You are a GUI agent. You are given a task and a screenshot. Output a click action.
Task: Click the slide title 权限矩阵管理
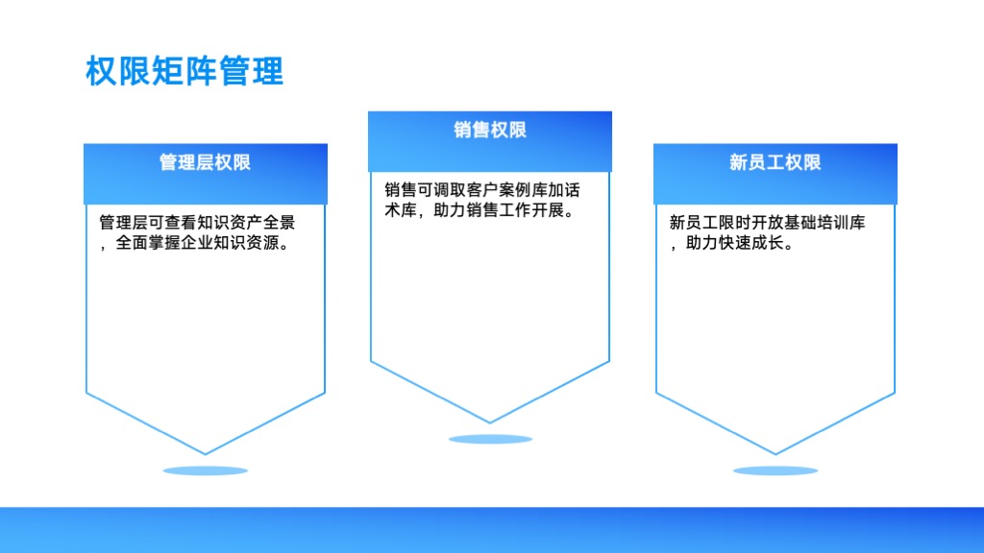pyautogui.click(x=184, y=71)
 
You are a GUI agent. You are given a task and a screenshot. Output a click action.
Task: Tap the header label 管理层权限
pyautogui.click(x=206, y=162)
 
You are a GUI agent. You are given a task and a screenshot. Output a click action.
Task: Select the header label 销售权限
pyautogui.click(x=490, y=130)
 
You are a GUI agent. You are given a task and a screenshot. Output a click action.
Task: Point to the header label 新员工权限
pyautogui.click(x=775, y=162)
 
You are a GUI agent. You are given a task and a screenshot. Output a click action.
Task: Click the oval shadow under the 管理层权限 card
pyautogui.click(x=206, y=470)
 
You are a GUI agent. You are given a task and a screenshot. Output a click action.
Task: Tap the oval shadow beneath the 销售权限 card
pyautogui.click(x=490, y=439)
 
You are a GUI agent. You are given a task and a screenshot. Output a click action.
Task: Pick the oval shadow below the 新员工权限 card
pyautogui.click(x=775, y=470)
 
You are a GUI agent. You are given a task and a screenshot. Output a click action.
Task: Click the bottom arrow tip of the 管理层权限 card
pyautogui.click(x=206, y=453)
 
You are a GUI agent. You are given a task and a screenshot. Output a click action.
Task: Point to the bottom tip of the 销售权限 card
pyautogui.click(x=490, y=422)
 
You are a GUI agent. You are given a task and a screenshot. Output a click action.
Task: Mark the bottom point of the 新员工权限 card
pyautogui.click(x=775, y=453)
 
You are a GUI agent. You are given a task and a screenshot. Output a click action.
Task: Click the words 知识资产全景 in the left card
pyautogui.click(x=246, y=223)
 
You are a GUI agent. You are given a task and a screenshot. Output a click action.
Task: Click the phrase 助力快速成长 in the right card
pyautogui.click(x=734, y=243)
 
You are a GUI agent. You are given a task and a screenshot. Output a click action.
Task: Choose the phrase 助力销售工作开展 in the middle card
pyautogui.click(x=499, y=210)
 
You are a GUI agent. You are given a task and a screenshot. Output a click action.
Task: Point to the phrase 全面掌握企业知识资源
pyautogui.click(x=197, y=243)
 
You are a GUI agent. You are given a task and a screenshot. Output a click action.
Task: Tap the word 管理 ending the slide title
pyautogui.click(x=252, y=71)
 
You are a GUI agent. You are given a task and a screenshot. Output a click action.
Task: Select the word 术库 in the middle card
pyautogui.click(x=401, y=210)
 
